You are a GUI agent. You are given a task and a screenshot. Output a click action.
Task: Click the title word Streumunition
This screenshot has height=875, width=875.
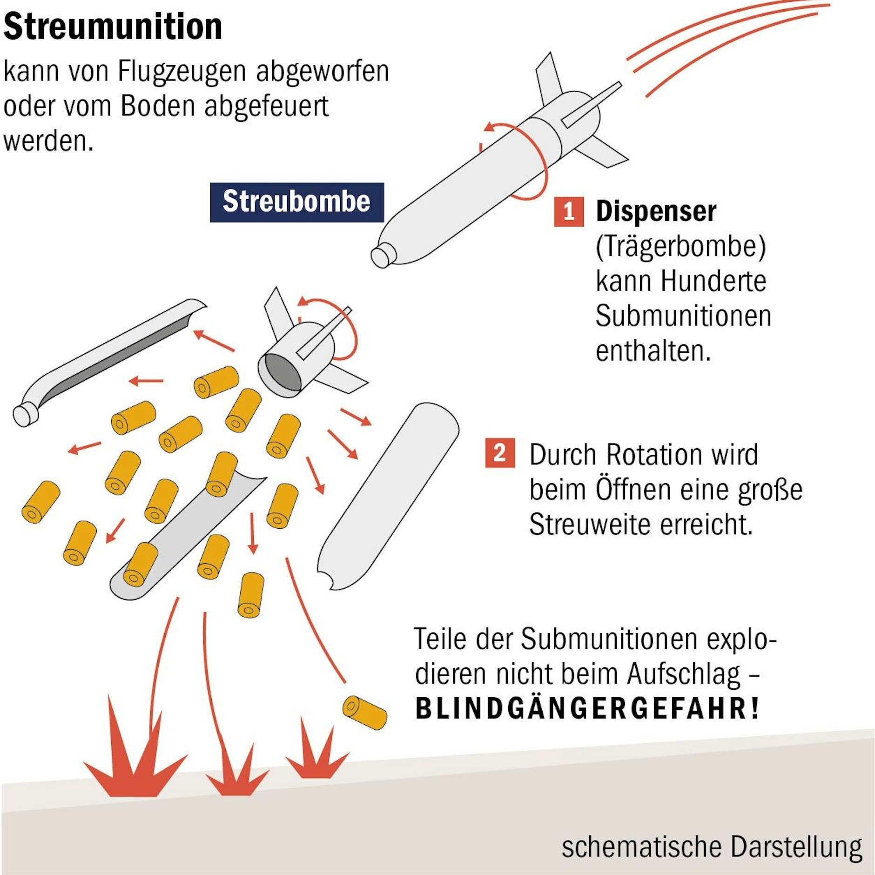click(113, 27)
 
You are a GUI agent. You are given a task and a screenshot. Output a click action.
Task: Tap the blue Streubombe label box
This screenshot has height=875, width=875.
click(296, 202)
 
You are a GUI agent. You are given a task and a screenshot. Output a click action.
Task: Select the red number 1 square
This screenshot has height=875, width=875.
click(568, 212)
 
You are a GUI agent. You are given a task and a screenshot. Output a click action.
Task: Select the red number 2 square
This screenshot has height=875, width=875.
click(499, 452)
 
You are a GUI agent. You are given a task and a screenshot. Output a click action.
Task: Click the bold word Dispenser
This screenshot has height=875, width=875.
click(656, 212)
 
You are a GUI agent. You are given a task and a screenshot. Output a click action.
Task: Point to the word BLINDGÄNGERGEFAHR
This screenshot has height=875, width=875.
click(586, 709)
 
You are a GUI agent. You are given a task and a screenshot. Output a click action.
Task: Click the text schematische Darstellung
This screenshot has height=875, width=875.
click(712, 846)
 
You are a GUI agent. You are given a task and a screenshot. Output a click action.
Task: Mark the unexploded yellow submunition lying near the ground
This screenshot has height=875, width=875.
click(364, 713)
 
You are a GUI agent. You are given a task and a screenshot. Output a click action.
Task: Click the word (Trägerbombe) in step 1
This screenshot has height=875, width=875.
click(680, 247)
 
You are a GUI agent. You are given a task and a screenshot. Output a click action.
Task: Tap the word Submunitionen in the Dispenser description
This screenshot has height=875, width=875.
click(683, 316)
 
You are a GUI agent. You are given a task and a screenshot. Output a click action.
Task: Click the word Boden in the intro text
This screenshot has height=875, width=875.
click(157, 107)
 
